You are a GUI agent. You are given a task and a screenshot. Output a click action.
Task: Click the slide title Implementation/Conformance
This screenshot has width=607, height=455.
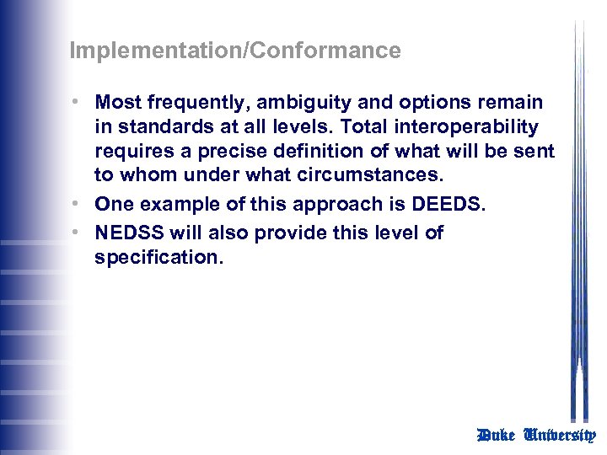pyautogui.click(x=235, y=51)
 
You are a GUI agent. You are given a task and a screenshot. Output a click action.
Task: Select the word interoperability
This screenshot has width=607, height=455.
pyautogui.click(x=481, y=127)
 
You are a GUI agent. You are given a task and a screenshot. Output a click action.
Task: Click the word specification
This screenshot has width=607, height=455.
pyautogui.click(x=157, y=258)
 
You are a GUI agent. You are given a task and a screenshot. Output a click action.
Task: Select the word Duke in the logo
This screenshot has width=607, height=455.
pyautogui.click(x=496, y=436)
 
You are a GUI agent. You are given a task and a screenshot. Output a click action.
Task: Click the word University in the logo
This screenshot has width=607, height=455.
pyautogui.click(x=560, y=436)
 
